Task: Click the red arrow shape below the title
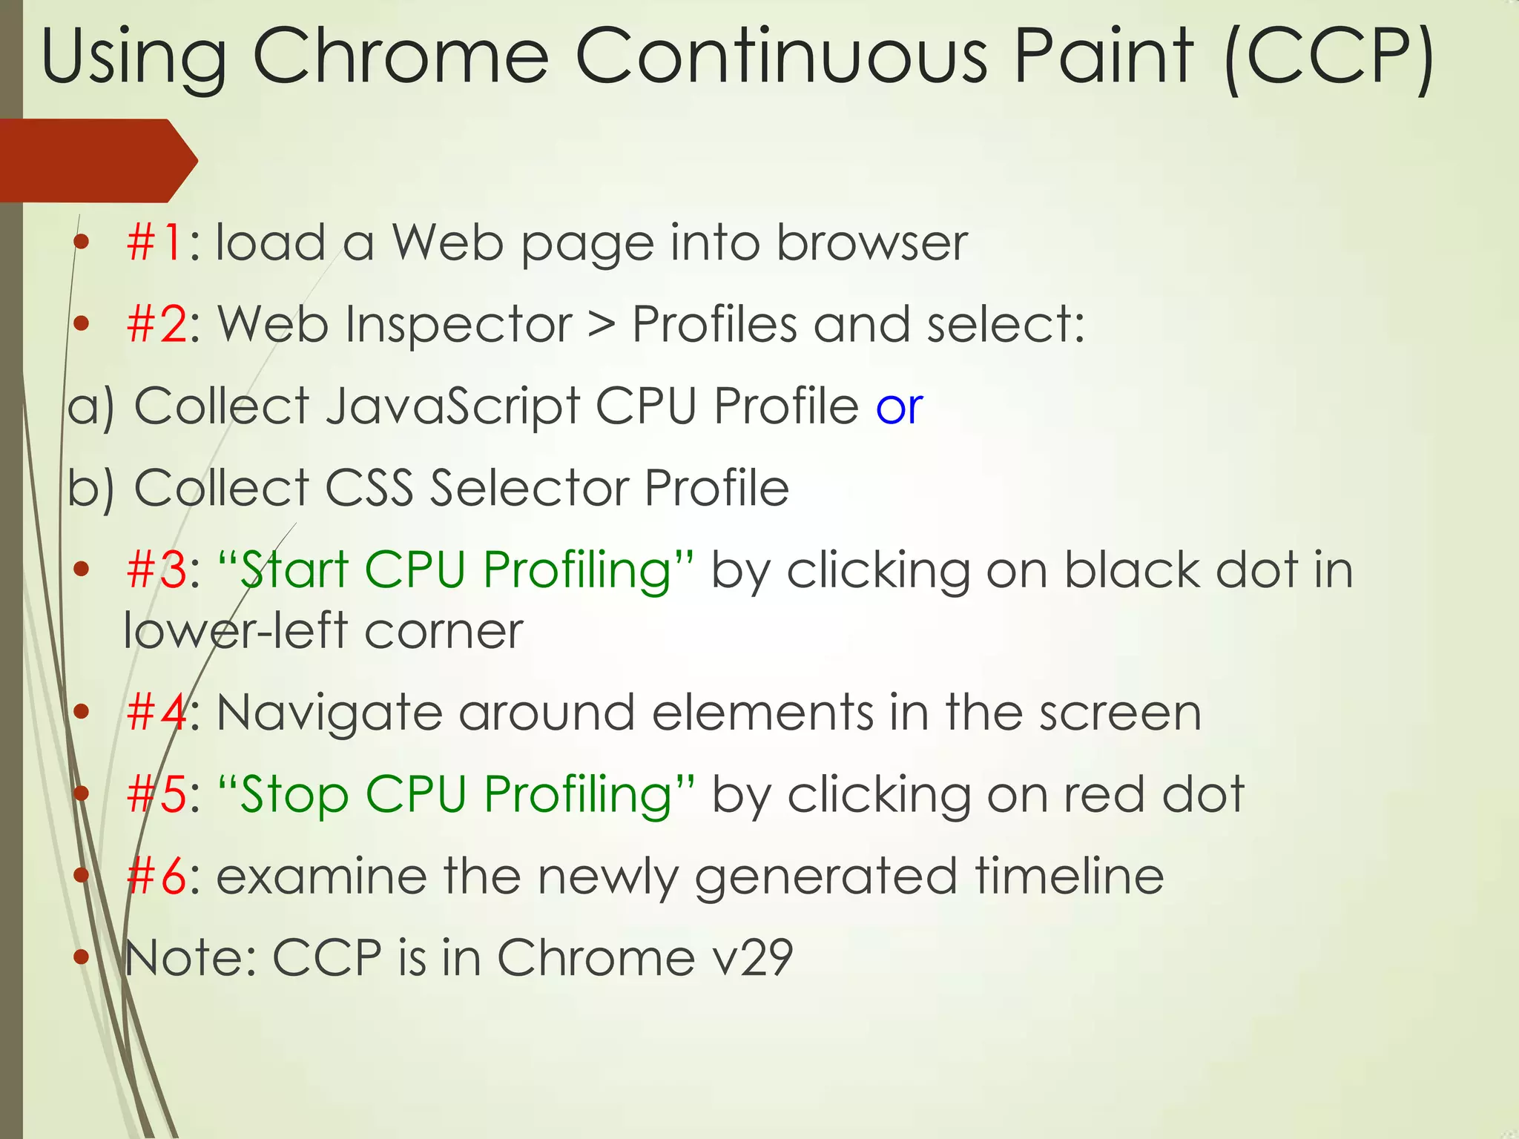click(x=96, y=160)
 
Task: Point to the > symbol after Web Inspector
click(x=602, y=325)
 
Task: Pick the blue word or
click(x=899, y=407)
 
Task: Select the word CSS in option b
click(x=369, y=488)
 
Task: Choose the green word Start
click(x=294, y=569)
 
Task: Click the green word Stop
click(x=294, y=795)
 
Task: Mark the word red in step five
click(x=1104, y=795)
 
